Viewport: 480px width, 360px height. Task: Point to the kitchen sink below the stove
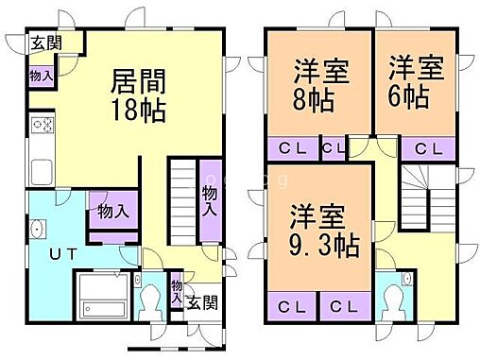click(x=43, y=172)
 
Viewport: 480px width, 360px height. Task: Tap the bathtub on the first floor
click(x=104, y=298)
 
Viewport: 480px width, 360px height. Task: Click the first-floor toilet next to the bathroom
click(x=151, y=300)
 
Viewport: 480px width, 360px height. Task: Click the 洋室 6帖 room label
click(x=414, y=82)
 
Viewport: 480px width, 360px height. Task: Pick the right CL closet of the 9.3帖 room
click(x=342, y=307)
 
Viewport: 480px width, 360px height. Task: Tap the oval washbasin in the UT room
click(x=38, y=231)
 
